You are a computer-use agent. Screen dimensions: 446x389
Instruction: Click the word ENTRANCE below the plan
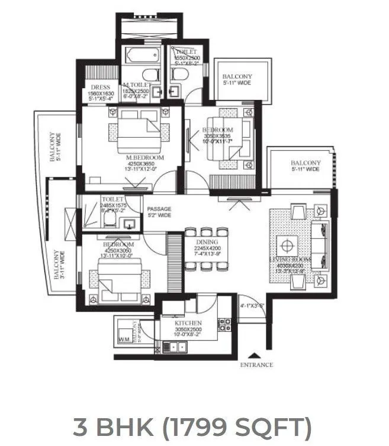point(256,365)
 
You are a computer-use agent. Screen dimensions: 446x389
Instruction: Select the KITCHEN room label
point(189,324)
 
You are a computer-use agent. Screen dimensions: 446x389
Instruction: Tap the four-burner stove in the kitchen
point(224,324)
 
